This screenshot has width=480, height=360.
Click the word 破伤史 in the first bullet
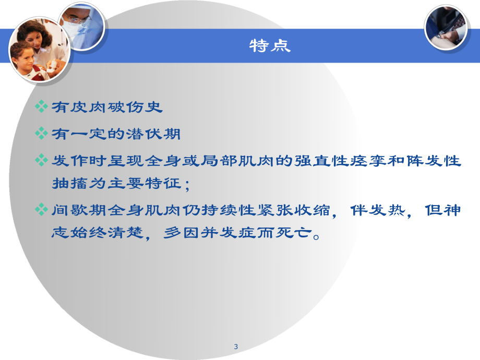(138, 107)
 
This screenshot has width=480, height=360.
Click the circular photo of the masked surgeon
(81, 26)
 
